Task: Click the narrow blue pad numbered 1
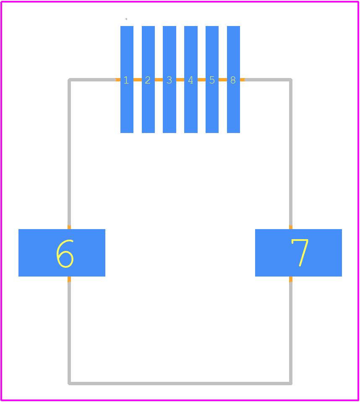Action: tap(127, 79)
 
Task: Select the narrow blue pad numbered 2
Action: tap(148, 79)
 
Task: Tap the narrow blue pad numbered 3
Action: tap(170, 79)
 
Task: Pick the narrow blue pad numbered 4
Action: tap(191, 79)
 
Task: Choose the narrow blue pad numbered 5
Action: tap(212, 79)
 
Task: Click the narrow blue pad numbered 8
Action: tap(233, 79)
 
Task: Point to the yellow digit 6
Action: tap(65, 253)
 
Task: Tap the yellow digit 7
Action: tap(300, 253)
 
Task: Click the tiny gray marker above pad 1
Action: tap(126, 19)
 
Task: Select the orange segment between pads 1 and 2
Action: tap(138, 80)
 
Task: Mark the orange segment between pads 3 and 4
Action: tap(180, 80)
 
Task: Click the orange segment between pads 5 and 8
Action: tap(222, 80)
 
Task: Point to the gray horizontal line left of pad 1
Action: tap(92, 80)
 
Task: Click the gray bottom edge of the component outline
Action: tap(180, 383)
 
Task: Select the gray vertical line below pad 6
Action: tap(69, 333)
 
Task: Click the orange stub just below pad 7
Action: tap(290, 279)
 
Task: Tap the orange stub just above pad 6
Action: tap(69, 227)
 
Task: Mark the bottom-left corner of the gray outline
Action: tap(69, 383)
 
